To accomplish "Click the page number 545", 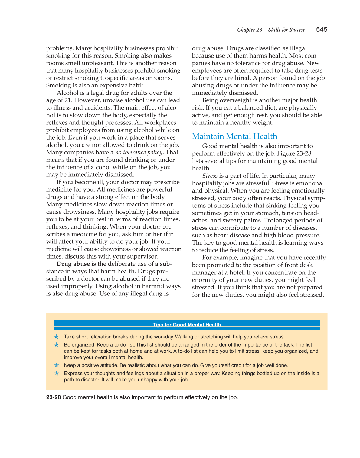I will coord(322,30).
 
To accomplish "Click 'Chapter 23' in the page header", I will coord(250,30).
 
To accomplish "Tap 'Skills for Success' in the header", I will coord(286,30).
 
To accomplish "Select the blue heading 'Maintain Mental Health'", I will coord(234,136).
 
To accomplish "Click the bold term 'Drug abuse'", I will coord(73,264).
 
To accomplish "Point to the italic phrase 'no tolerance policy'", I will coord(139,152).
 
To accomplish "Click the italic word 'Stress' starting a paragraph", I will coord(210,176).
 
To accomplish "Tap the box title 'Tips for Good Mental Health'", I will coord(187,325).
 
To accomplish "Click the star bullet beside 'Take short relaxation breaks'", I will coord(56,337).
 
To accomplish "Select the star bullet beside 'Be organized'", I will coord(56,345).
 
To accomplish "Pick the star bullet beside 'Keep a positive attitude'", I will coord(56,365).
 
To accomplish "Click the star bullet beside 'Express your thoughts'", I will coord(56,374).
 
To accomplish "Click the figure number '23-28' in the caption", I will coord(54,397).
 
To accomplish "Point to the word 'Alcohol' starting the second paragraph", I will coord(67,93).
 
